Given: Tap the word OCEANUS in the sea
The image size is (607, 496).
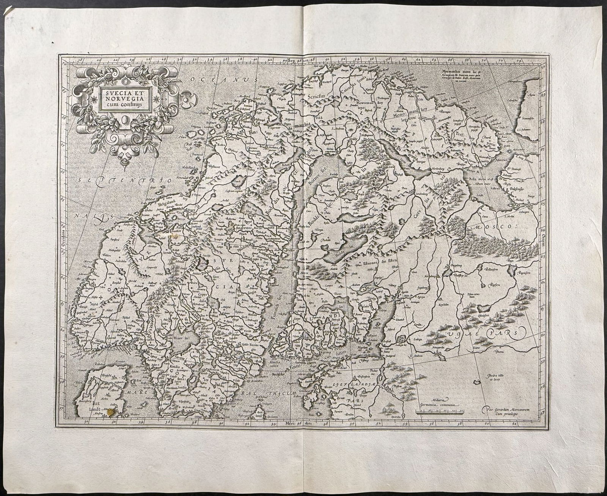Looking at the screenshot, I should click(224, 80).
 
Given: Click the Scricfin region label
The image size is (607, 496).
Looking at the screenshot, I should click(318, 96).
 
